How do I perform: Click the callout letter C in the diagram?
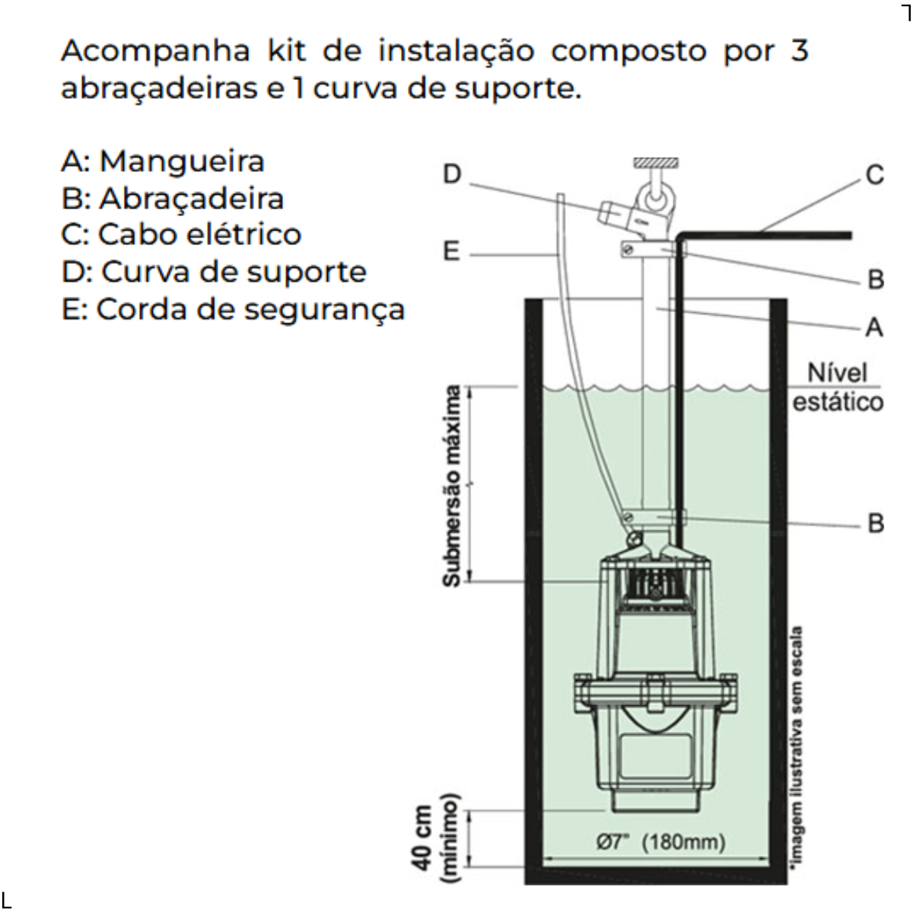coord(875,175)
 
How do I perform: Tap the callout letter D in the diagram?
coord(452,175)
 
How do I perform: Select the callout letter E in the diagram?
coord(452,251)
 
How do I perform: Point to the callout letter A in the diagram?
coord(875,327)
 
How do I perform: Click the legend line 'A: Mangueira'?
coord(163,161)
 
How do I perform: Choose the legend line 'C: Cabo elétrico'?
coord(181,234)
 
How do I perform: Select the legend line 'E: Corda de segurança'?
coord(233,310)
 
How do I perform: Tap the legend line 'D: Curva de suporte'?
coord(214,272)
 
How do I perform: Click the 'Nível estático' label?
coord(838,387)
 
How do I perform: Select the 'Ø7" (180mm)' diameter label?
coord(660,842)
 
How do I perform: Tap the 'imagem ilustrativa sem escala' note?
coord(798,749)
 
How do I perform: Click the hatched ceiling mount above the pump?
coord(656,163)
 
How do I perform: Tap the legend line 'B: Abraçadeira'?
coord(173,199)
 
